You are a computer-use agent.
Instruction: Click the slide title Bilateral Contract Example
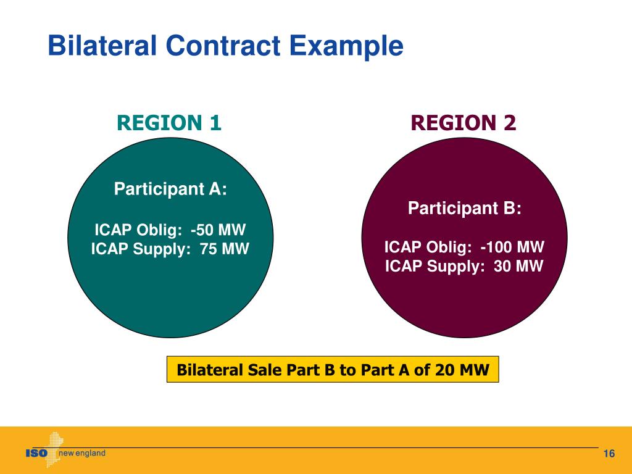(x=226, y=46)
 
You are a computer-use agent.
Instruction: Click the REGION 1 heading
(x=169, y=123)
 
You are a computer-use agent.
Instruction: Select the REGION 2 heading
(x=464, y=123)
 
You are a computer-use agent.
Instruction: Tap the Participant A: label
(x=170, y=189)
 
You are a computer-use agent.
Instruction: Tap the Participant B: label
(x=464, y=209)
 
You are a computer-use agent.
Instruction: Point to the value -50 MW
(x=218, y=230)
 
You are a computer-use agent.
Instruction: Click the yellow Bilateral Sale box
(x=333, y=370)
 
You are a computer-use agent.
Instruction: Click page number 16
(x=609, y=454)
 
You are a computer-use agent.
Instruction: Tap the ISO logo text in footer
(x=36, y=454)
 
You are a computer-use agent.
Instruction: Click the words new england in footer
(x=81, y=454)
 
